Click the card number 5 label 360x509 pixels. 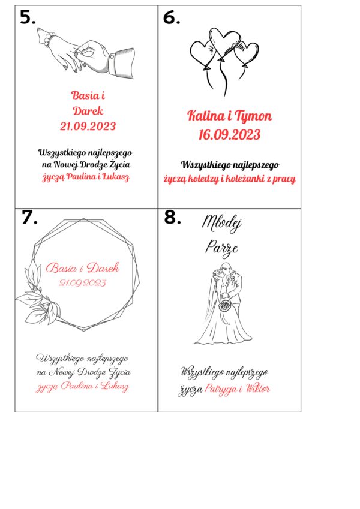pyautogui.click(x=28, y=17)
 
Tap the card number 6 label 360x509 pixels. pyautogui.click(x=172, y=17)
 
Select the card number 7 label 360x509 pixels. pyautogui.click(x=29, y=217)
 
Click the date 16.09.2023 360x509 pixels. pyautogui.click(x=229, y=135)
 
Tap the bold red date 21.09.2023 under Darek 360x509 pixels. pyautogui.click(x=88, y=127)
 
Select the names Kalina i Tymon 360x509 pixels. pyautogui.click(x=229, y=116)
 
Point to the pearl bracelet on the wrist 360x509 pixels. pyautogui.click(x=50, y=39)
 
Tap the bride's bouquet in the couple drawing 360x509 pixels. pyautogui.click(x=225, y=306)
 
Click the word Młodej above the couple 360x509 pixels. pyautogui.click(x=221, y=224)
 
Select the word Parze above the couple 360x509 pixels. pyautogui.click(x=221, y=248)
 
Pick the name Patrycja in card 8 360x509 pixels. pyautogui.click(x=221, y=389)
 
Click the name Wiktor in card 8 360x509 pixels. pyautogui.click(x=257, y=388)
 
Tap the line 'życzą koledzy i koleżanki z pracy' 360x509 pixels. pyautogui.click(x=229, y=179)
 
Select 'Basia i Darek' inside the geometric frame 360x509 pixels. pyautogui.click(x=83, y=267)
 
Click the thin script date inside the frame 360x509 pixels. pyautogui.click(x=83, y=283)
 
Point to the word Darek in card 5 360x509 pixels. pyautogui.click(x=88, y=111)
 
